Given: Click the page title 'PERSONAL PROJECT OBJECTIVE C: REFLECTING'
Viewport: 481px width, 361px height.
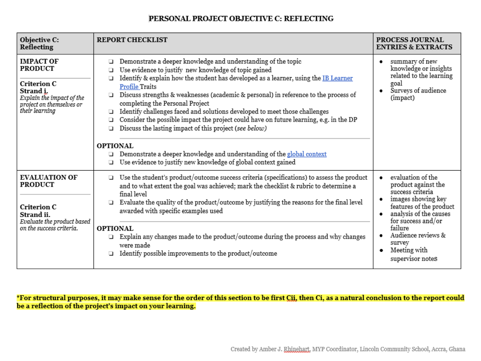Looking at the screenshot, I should pyautogui.click(x=241, y=18).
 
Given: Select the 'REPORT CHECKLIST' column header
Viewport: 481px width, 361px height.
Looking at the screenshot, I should pyautogui.click(x=132, y=40).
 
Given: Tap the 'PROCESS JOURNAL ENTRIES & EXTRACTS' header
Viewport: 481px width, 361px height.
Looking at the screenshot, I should pyautogui.click(x=414, y=43).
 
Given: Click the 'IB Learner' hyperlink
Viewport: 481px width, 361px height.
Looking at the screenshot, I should pyautogui.click(x=337, y=78).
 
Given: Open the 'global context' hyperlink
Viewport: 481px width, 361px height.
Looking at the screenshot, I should pyautogui.click(x=306, y=154).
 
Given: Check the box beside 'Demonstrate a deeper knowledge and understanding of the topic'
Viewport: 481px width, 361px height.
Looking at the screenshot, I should pyautogui.click(x=111, y=62).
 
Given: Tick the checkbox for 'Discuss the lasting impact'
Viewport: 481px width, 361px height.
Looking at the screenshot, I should pyautogui.click(x=111, y=128).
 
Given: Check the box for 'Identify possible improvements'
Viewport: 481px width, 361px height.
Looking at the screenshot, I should pyautogui.click(x=111, y=254).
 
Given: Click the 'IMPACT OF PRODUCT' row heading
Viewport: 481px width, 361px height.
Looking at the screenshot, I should pyautogui.click(x=39, y=65).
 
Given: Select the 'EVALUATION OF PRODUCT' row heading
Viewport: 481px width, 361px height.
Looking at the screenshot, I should pyautogui.click(x=48, y=181).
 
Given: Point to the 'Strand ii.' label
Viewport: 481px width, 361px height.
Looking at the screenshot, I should pyautogui.click(x=35, y=215).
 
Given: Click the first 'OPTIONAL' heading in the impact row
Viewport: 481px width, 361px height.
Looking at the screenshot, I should pyautogui.click(x=115, y=146).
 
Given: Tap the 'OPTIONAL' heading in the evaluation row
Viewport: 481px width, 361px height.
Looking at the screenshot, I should pyautogui.click(x=115, y=228).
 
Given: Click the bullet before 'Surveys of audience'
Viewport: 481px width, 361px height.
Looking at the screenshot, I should pyautogui.click(x=381, y=91).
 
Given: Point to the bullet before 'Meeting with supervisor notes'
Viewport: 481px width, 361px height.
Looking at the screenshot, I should pyautogui.click(x=381, y=250).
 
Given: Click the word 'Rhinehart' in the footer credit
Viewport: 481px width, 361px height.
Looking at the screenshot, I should pyautogui.click(x=297, y=349).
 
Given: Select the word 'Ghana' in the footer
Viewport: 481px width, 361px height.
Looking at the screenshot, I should pyautogui.click(x=457, y=349).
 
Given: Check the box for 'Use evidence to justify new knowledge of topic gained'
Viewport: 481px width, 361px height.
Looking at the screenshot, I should pyautogui.click(x=111, y=70).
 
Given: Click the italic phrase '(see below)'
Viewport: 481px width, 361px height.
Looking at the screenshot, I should pyautogui.click(x=250, y=128).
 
